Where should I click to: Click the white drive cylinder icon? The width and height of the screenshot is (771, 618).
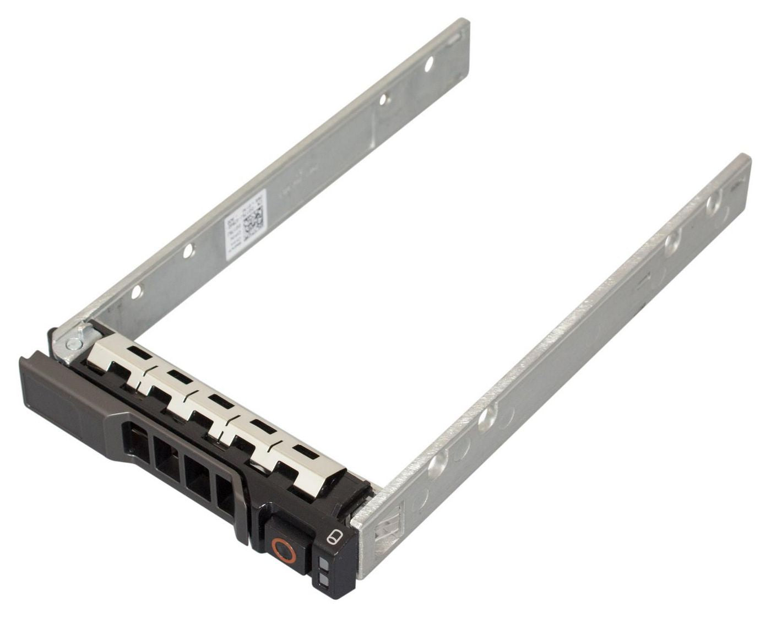click(x=333, y=537)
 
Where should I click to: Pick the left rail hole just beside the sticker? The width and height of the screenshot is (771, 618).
click(x=188, y=251)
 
